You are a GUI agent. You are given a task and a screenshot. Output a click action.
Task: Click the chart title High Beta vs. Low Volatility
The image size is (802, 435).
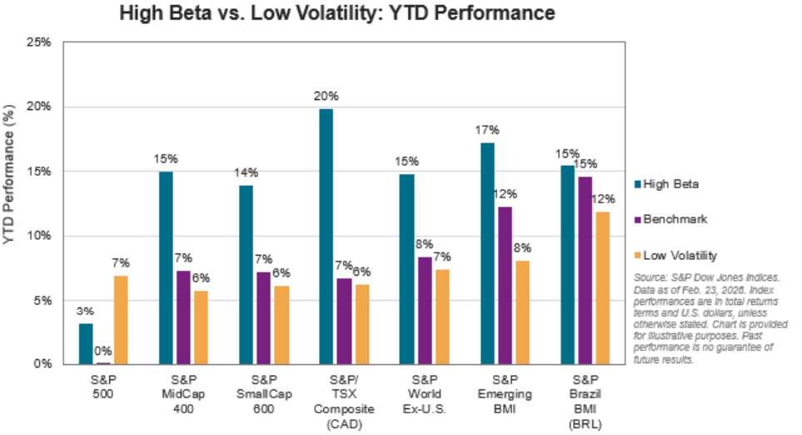336,14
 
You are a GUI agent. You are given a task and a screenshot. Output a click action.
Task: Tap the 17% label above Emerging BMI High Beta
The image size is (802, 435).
487,130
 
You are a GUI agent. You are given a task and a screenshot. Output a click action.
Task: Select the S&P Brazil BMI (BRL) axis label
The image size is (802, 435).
582,402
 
